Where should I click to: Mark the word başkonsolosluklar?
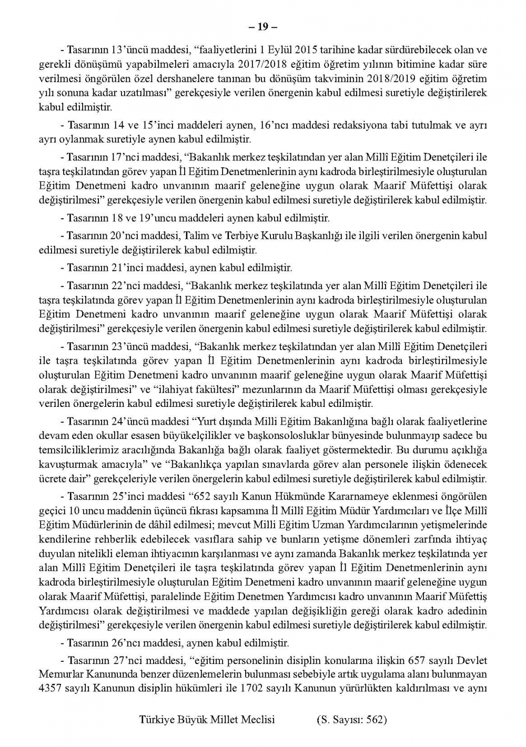317,436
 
